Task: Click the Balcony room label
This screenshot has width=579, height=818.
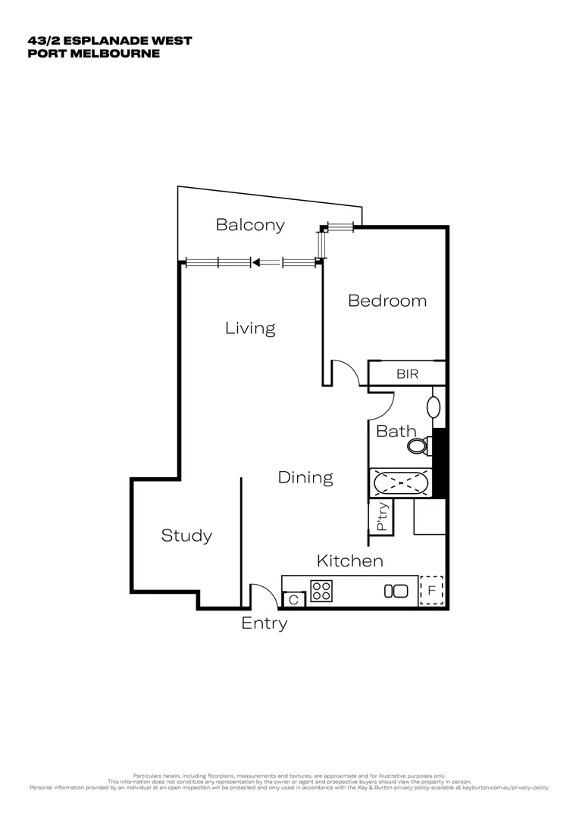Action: click(250, 225)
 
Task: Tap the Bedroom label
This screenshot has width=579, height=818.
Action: click(387, 301)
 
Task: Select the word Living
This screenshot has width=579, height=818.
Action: click(250, 328)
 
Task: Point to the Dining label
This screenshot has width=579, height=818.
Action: click(305, 478)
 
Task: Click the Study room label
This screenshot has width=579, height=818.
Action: click(186, 536)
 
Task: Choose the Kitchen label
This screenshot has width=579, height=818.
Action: click(349, 561)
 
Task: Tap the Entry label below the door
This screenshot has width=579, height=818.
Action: click(264, 623)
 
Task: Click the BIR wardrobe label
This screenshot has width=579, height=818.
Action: click(407, 374)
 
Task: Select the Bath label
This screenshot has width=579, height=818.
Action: click(396, 432)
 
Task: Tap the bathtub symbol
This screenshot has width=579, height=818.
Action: click(400, 482)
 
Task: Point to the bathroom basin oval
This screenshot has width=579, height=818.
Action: click(434, 407)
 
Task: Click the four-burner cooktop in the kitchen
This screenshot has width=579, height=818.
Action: click(321, 591)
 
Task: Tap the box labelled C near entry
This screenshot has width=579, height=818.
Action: click(293, 600)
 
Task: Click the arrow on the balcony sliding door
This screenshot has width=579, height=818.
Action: click(255, 263)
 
